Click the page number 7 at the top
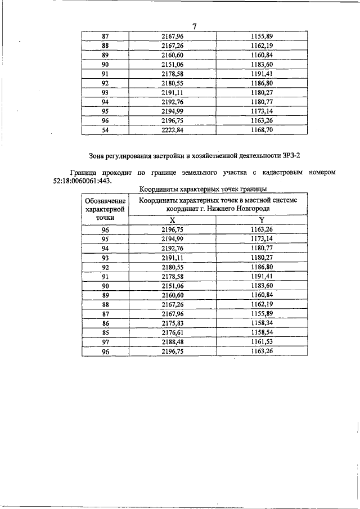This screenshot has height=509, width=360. pyautogui.click(x=194, y=26)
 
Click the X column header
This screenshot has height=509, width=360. pyautogui.click(x=172, y=220)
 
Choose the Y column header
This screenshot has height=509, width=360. pyautogui.click(x=262, y=220)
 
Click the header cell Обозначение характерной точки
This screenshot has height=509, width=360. pyautogui.click(x=105, y=209)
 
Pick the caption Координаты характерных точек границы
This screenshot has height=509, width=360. pyautogui.click(x=202, y=190)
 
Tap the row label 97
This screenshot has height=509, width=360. pyautogui.click(x=105, y=342)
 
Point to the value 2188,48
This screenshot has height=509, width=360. pyautogui.click(x=173, y=342)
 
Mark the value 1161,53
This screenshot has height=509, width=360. pyautogui.click(x=262, y=342)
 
